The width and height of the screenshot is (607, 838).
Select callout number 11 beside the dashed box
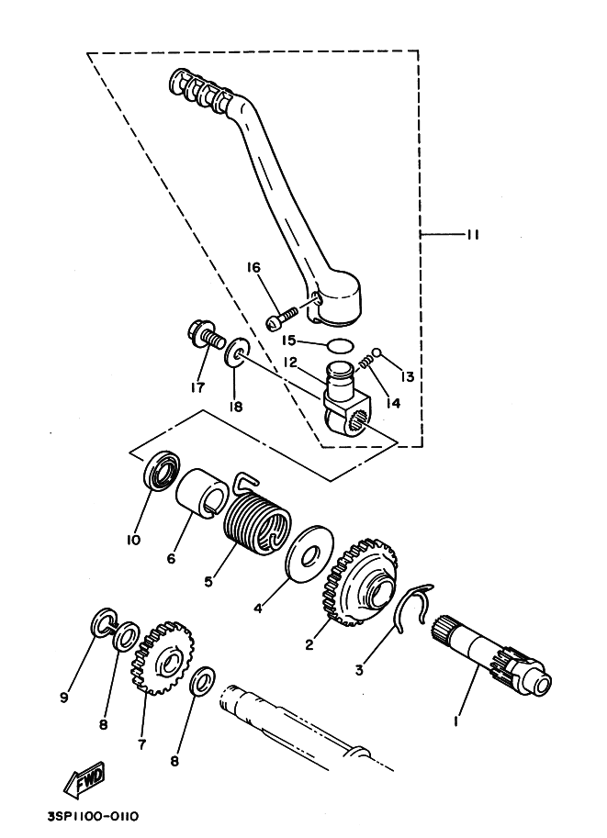[471, 235]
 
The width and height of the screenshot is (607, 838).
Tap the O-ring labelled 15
[340, 346]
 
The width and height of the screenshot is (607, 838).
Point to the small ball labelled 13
[377, 352]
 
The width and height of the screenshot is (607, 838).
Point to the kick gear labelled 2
[361, 587]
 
